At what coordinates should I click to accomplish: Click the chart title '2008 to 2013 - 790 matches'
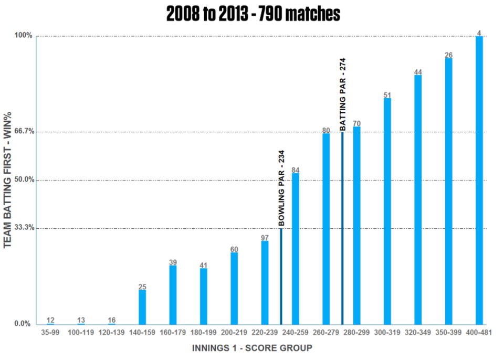click(253, 14)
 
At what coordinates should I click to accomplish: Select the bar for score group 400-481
click(479, 181)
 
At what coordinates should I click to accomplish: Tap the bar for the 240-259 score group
click(296, 249)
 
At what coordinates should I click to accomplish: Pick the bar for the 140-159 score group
click(142, 308)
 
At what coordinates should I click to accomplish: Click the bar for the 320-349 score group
click(418, 200)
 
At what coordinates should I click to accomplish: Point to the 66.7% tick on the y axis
click(25, 132)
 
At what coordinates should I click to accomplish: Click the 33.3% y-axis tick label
click(25, 228)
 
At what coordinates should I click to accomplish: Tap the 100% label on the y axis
click(24, 35)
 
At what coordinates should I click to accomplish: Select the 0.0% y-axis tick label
click(23, 324)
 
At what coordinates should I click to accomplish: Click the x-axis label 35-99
click(50, 333)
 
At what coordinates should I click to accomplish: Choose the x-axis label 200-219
click(234, 333)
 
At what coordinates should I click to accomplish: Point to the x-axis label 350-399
click(448, 333)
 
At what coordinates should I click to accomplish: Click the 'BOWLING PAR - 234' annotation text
click(281, 188)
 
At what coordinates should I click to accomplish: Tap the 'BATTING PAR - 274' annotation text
click(343, 94)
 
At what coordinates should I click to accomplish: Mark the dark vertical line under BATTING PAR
click(342, 228)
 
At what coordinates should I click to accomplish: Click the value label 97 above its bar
click(265, 238)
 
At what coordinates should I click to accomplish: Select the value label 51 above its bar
click(387, 95)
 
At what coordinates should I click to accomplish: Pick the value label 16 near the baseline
click(111, 320)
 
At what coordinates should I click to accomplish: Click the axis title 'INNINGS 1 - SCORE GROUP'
click(253, 348)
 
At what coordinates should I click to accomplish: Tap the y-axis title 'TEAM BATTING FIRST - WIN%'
click(7, 180)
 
